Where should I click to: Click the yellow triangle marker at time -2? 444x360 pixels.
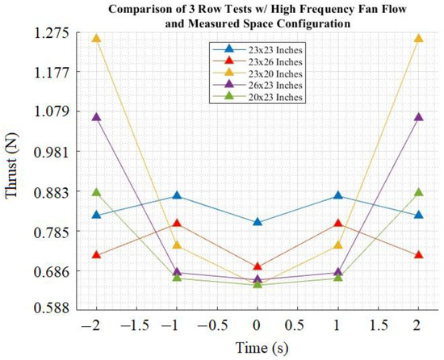coord(97,39)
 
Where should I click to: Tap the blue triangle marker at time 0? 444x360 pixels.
coord(258,221)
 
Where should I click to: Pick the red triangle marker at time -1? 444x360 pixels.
coord(178,224)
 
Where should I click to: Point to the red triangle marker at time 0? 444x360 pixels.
coord(258,266)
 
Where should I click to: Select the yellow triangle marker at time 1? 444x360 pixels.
coord(337,245)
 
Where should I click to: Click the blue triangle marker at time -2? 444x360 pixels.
coord(97,215)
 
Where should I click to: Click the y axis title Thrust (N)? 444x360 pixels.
coord(14,171)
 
